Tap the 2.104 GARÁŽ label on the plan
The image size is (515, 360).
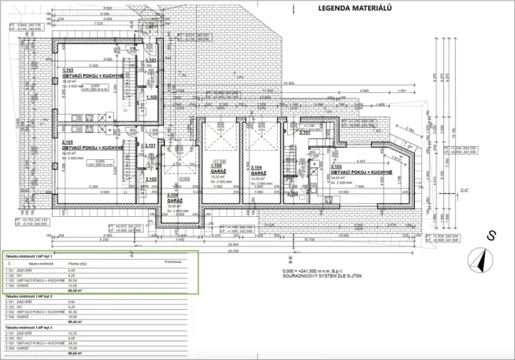176,198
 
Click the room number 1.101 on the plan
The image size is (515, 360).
151,59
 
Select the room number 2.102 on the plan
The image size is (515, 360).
151,178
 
